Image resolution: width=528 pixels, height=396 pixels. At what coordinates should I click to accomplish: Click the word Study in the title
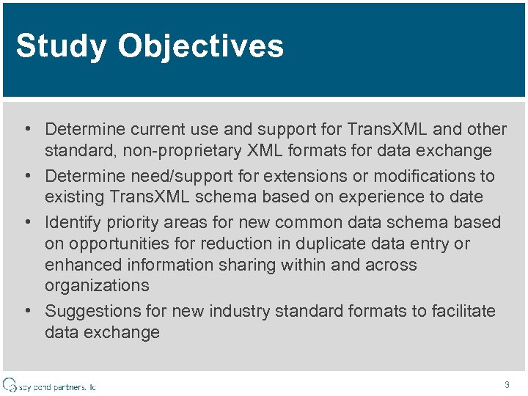tap(61, 46)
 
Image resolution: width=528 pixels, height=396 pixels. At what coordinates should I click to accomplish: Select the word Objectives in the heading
tap(200, 46)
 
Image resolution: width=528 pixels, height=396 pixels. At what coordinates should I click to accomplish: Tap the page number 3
tap(507, 384)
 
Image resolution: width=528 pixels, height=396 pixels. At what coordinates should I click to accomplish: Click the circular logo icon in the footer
tap(10, 384)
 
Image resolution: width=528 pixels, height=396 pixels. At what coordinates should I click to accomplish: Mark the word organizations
tap(97, 285)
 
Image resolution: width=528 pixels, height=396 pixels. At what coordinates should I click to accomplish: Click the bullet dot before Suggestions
tap(26, 311)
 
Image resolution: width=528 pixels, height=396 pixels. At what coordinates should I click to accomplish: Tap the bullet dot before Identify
tap(26, 222)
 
